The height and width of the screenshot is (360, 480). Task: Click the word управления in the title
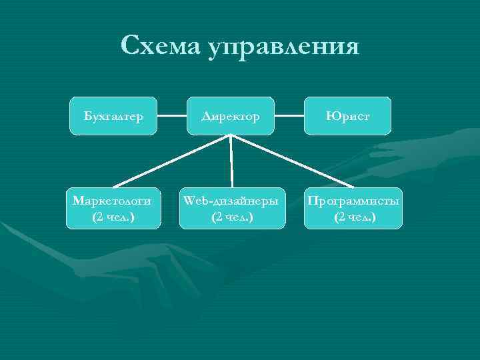(283, 48)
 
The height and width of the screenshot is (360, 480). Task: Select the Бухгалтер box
(113, 116)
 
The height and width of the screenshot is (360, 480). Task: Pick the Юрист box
(348, 116)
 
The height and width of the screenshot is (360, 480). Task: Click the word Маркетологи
(112, 201)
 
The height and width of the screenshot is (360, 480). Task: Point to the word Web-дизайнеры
(232, 201)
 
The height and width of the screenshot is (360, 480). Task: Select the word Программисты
(354, 201)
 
